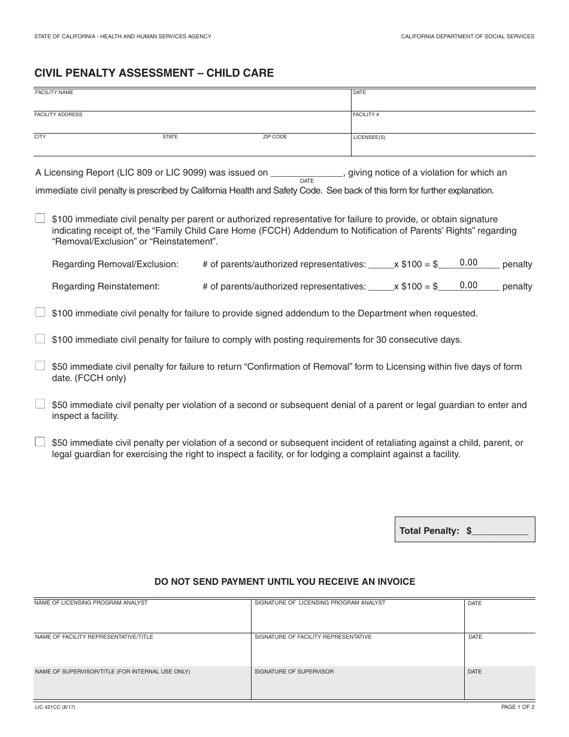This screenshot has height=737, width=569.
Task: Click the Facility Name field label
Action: coord(54,93)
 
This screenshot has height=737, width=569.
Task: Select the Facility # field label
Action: coord(366,114)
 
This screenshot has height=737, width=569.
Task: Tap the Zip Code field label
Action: coord(275,137)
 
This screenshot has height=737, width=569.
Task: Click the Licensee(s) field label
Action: coord(370,137)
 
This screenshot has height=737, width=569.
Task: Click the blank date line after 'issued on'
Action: coord(307,173)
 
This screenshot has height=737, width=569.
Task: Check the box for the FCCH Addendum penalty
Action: coord(40,219)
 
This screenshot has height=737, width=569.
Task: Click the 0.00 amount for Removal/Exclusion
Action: coord(468,262)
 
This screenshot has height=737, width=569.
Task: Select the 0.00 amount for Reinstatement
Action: coord(468,285)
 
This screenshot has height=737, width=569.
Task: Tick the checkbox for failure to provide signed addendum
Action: coord(40,312)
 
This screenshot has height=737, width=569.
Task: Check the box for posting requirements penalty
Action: coord(40,339)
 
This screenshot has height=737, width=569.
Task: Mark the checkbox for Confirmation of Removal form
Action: coord(40,366)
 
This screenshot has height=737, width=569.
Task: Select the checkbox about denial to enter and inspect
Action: coord(40,404)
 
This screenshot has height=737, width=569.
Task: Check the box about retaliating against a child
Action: coord(40,442)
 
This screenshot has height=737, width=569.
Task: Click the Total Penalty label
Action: coord(429,531)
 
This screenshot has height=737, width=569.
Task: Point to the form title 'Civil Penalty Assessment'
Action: coord(154,73)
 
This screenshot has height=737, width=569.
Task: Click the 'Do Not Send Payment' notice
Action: coord(284,582)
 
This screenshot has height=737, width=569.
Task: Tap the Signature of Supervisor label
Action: coord(294,672)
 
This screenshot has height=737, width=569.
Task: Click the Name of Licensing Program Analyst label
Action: coord(91,603)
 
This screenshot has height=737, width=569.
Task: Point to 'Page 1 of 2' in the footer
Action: coord(517,708)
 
